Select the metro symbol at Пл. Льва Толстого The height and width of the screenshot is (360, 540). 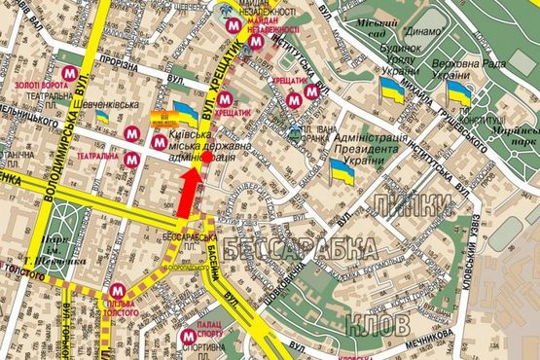(x=117, y=289)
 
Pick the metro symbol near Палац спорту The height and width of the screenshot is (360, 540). (x=188, y=337)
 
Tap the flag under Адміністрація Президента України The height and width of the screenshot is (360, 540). (x=342, y=171)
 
